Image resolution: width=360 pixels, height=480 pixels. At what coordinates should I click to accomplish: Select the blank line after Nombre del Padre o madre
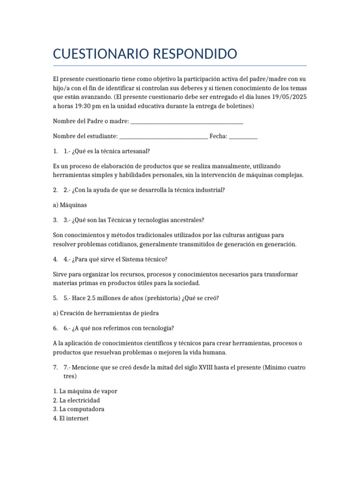coord(187,122)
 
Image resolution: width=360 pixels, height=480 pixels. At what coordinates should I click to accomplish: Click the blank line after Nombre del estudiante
coord(164,136)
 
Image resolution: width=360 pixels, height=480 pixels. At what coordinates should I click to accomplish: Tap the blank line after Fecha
coord(243,137)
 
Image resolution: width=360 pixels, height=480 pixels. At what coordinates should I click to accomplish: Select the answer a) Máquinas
coord(70,205)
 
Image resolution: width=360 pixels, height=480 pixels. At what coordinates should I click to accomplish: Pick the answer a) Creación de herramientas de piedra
coord(109,313)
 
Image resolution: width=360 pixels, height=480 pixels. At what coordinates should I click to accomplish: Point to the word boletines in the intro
coord(239,106)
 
